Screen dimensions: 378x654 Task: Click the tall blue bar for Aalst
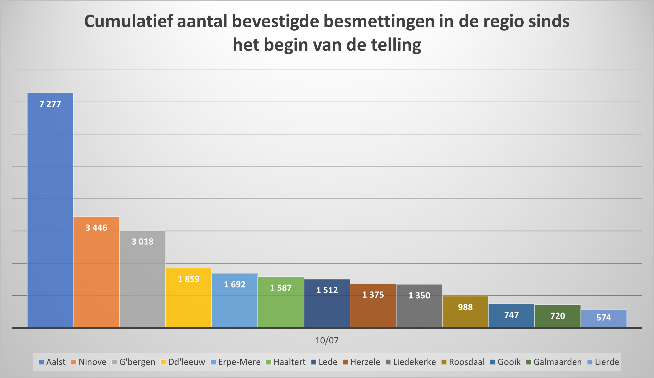coord(50,210)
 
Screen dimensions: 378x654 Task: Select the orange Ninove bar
coord(96,272)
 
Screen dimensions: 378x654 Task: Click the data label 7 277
coord(50,104)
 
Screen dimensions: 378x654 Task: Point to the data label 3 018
coord(142,242)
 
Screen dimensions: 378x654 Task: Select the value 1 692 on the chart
coord(235,284)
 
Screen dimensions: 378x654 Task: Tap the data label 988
coord(465,307)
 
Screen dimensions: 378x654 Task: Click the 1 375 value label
coord(373,295)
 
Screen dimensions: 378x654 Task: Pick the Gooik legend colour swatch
coord(493,362)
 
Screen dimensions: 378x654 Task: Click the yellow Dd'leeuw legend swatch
coord(163,362)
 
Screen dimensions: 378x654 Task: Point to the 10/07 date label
coord(327,340)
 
